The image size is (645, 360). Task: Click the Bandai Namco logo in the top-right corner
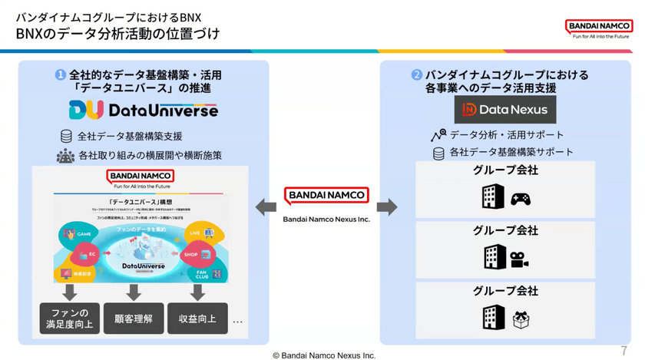tap(600, 28)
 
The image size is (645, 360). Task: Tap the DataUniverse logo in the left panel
tap(143, 111)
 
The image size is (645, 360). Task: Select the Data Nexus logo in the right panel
tap(504, 110)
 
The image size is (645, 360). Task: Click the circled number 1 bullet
tap(59, 75)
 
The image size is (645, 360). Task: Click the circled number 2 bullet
tap(416, 75)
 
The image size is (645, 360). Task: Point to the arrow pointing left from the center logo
tap(266, 206)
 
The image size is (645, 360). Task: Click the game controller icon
tap(521, 200)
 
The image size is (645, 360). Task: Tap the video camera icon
tap(521, 259)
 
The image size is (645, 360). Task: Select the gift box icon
tap(521, 319)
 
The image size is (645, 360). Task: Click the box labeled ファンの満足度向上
tap(70, 319)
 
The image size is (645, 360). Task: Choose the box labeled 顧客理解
tap(134, 319)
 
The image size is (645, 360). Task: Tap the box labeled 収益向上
tap(197, 319)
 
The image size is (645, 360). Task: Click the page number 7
tap(623, 350)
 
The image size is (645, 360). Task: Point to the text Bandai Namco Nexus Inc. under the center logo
tap(326, 220)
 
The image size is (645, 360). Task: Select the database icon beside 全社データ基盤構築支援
tap(66, 137)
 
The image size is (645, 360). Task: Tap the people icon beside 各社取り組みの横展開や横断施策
tap(65, 156)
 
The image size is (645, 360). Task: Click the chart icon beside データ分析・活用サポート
tap(438, 135)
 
